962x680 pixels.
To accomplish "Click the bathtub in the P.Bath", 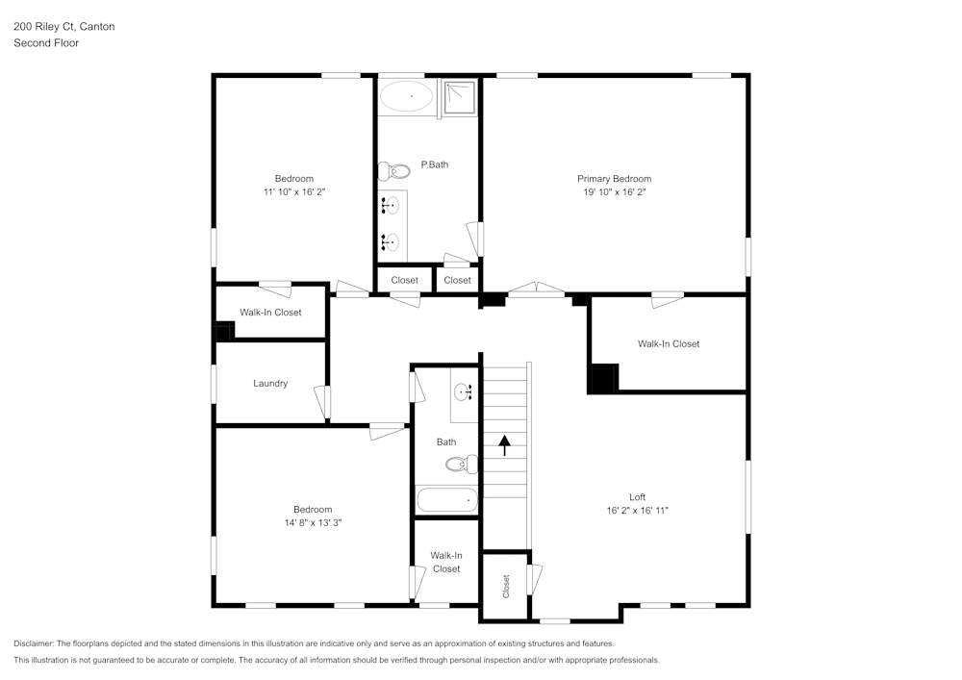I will click(x=407, y=96).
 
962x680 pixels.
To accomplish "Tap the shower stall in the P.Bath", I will click(x=460, y=98).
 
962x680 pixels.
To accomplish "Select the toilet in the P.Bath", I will click(x=394, y=172).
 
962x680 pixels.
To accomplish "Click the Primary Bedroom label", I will click(x=614, y=179).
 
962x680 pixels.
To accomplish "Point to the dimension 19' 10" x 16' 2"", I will click(x=614, y=192).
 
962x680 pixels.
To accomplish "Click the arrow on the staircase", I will click(x=503, y=445).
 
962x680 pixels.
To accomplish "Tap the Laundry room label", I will click(x=270, y=384).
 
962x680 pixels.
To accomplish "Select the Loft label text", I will click(x=637, y=497).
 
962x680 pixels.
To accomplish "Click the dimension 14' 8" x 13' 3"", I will click(x=313, y=523).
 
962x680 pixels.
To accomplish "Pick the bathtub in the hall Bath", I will click(x=446, y=500).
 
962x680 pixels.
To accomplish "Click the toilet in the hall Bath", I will click(x=461, y=465).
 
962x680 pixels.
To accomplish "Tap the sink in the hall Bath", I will click(x=465, y=391).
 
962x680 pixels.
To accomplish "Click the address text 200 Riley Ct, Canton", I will click(x=63, y=27).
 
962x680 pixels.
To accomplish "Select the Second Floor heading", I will click(x=46, y=43).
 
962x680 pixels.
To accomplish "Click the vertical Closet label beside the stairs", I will click(x=506, y=586).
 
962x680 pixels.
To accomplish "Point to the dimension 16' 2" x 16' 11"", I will click(x=637, y=511).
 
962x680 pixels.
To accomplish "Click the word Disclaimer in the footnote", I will click(x=35, y=643).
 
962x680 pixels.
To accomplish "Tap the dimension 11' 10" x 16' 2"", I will click(x=293, y=192).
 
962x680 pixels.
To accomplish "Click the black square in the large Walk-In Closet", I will click(x=602, y=379).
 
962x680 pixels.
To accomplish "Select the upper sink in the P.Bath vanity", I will click(x=391, y=205).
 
